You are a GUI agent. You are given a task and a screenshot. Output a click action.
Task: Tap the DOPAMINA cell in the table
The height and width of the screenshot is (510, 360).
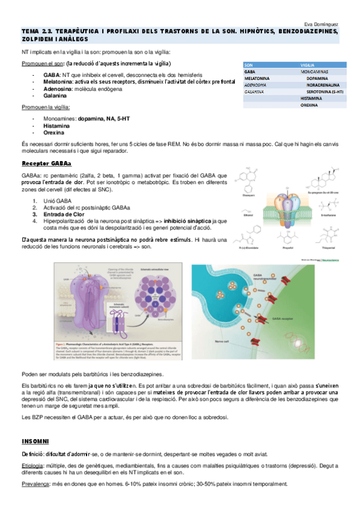click(x=317, y=78)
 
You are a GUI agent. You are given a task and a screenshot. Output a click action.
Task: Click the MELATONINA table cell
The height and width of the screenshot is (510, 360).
click(x=257, y=78)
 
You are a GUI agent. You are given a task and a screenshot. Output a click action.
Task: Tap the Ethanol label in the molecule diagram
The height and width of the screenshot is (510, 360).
click(x=248, y=212)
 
